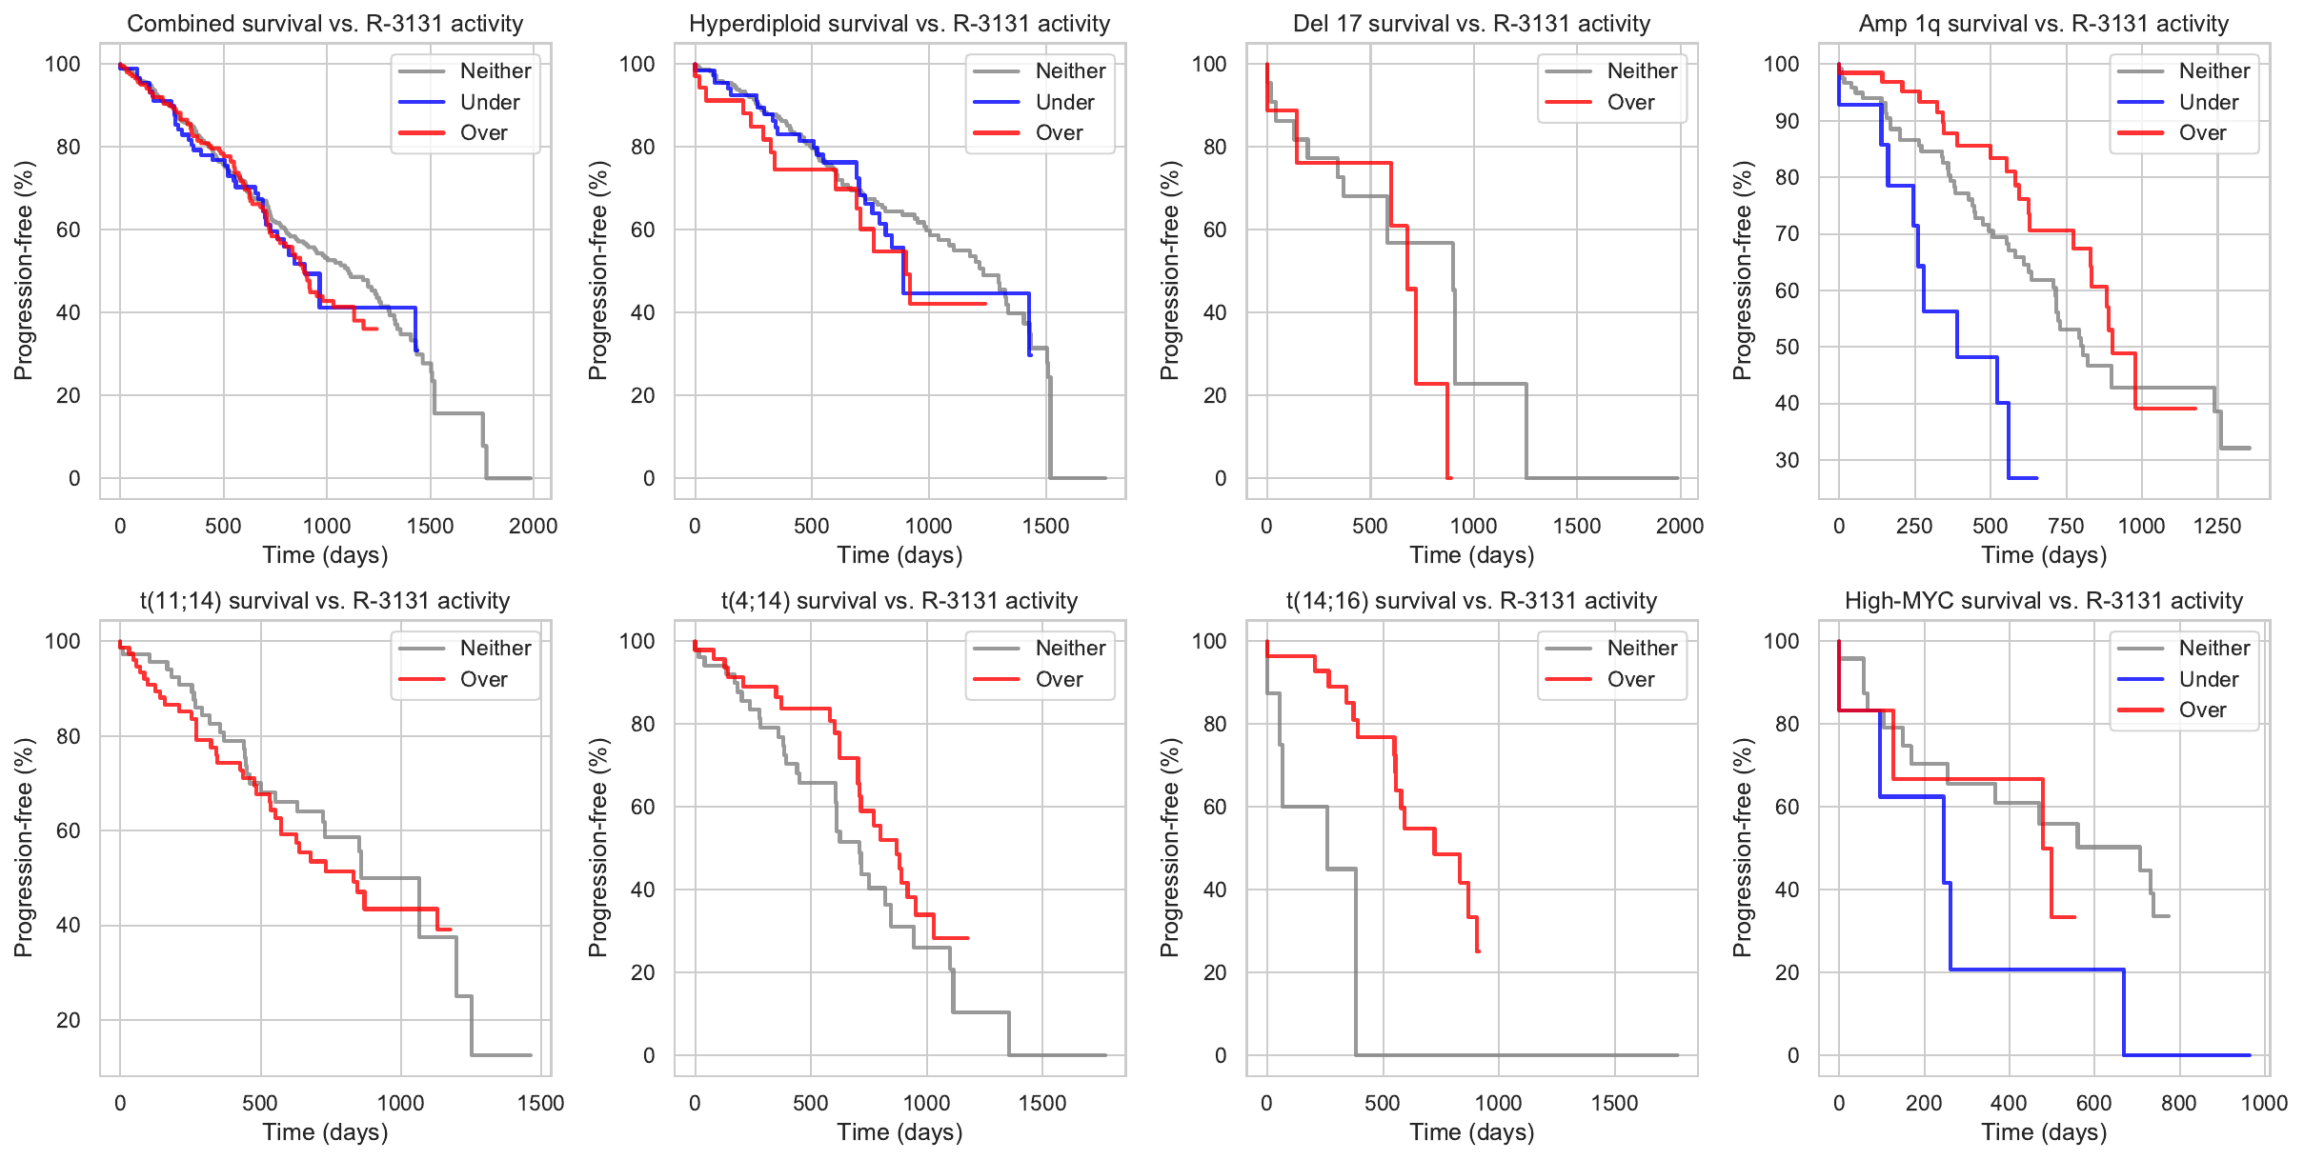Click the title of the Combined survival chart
tap(325, 24)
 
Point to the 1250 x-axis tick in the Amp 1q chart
tap(2217, 526)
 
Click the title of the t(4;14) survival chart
tap(899, 601)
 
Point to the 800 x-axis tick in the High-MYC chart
tap(2179, 1103)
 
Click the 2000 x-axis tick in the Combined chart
tap(533, 526)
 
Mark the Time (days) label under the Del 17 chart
tap(1472, 555)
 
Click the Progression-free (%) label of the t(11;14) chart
tap(24, 848)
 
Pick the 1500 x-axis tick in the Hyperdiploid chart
tap(1045, 526)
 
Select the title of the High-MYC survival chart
tap(2044, 601)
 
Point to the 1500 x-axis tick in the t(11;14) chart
tap(540, 1103)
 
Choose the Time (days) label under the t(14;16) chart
tap(1472, 1132)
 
